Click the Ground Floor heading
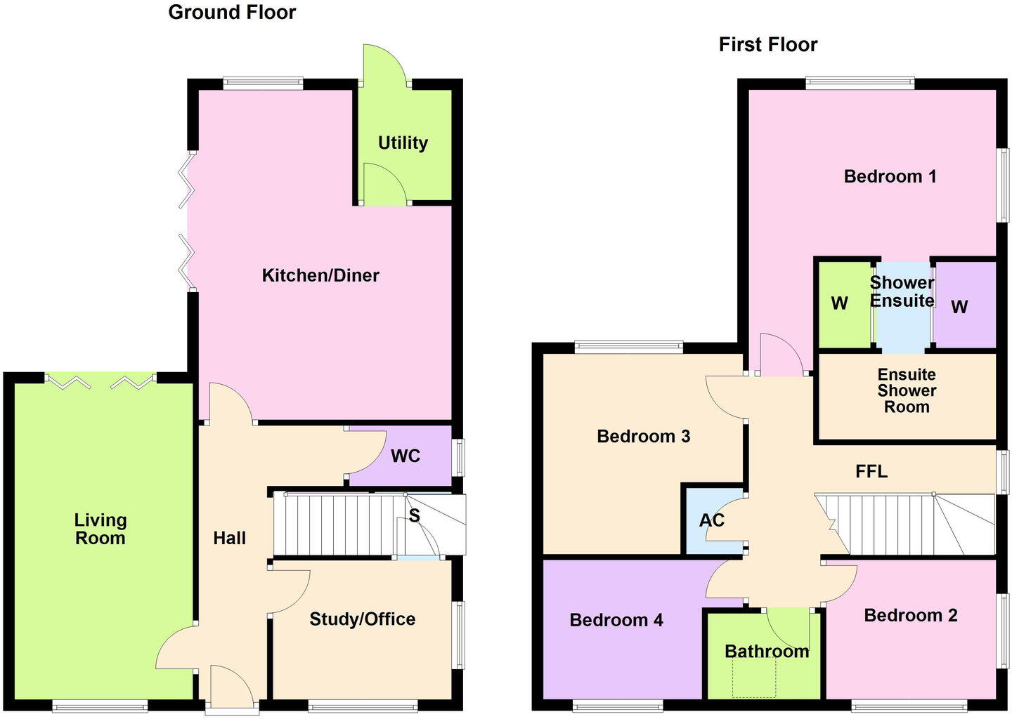click(x=232, y=12)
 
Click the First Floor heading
click(x=767, y=45)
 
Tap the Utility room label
click(x=403, y=143)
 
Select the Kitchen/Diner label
click(x=320, y=275)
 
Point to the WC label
click(x=406, y=456)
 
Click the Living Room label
click(x=100, y=529)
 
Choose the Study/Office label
click(x=362, y=619)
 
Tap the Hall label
click(x=230, y=539)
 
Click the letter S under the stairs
click(x=414, y=515)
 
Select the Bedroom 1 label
click(x=890, y=176)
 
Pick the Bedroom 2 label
click(x=910, y=616)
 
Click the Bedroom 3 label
click(x=643, y=437)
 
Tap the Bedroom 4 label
click(x=616, y=620)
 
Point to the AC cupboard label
click(x=711, y=521)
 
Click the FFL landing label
click(x=871, y=472)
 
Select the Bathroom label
click(x=767, y=652)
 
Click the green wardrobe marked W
click(x=839, y=304)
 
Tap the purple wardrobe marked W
click(x=959, y=307)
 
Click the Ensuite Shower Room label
click(x=907, y=391)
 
